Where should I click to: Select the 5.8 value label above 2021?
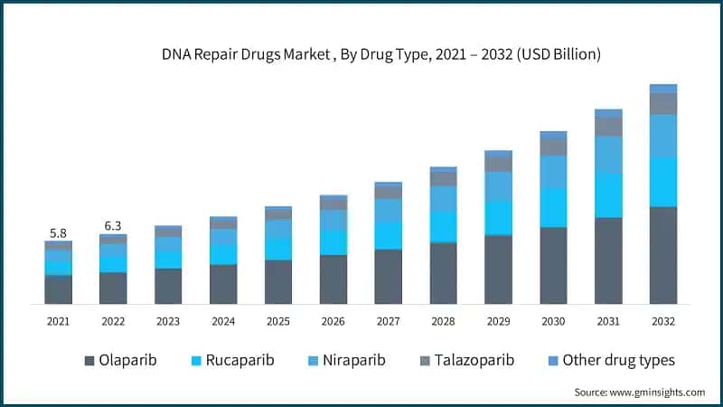[58, 232]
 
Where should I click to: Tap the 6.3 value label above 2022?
[113, 225]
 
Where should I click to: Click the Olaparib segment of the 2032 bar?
[663, 255]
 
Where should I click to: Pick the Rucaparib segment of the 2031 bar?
[608, 195]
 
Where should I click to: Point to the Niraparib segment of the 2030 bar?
[553, 172]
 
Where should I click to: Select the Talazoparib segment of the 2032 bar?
[663, 104]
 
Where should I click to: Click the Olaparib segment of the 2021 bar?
[58, 289]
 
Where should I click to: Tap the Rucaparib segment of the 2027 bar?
[388, 235]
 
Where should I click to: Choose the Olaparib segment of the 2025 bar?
[278, 281]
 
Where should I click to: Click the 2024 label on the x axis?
[223, 321]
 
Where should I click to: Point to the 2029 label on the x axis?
[498, 321]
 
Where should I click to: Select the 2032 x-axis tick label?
[663, 321]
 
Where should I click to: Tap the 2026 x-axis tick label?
[333, 321]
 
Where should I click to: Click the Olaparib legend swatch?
[89, 361]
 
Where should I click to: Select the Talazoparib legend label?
[475, 360]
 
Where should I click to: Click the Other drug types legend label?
[618, 360]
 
